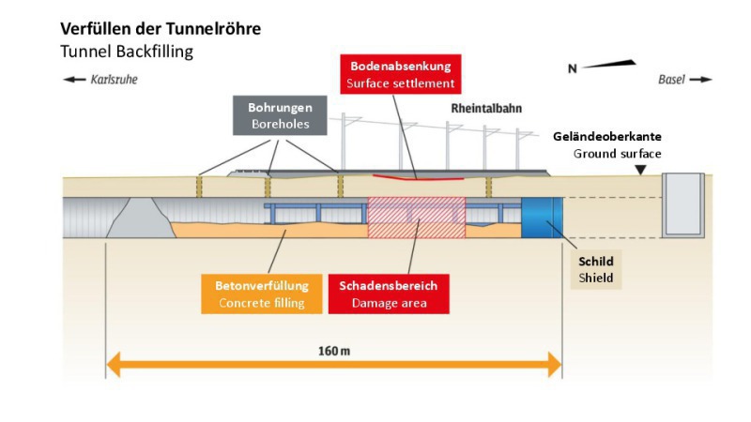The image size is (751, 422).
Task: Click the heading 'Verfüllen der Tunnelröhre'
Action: coord(161,29)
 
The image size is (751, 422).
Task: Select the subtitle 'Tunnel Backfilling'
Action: coord(127,52)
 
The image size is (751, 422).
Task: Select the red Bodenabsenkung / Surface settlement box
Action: coord(401,75)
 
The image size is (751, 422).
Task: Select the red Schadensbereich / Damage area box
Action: coord(388,293)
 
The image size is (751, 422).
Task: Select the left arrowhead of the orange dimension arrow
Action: coord(114,364)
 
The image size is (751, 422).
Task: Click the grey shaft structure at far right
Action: coord(682,204)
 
